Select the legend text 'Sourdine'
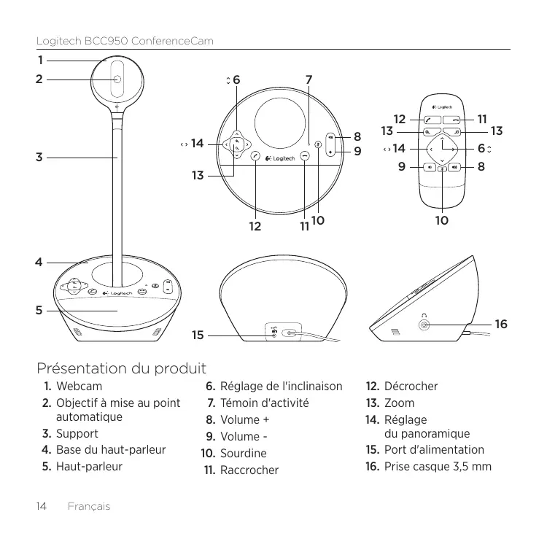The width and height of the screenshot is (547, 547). (243, 453)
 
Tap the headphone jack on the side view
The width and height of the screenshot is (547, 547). (424, 323)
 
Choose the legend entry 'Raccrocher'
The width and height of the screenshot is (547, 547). (249, 470)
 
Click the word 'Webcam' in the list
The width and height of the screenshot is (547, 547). (79, 385)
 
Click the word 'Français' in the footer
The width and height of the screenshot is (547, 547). (87, 505)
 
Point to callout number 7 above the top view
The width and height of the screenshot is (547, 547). (309, 78)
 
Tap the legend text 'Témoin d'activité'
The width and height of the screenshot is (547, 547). (265, 403)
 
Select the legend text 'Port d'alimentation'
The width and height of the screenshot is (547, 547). (433, 449)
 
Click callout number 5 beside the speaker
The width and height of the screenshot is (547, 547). (40, 310)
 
